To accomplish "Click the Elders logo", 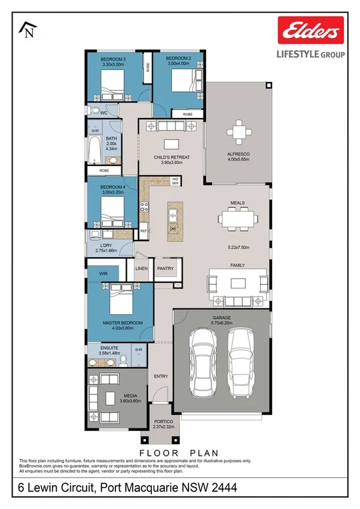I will (x=311, y=31).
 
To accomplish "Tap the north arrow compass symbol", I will (x=28, y=29).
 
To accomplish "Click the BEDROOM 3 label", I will (x=113, y=59).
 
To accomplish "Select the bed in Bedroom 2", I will (x=180, y=82).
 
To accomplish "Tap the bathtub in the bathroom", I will (x=93, y=150).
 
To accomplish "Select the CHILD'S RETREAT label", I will (x=171, y=158).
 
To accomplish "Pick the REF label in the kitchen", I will (x=143, y=231).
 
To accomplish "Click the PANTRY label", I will (x=165, y=268).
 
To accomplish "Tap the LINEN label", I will (x=141, y=268).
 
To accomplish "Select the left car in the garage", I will (x=203, y=362).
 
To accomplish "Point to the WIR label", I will (x=103, y=273).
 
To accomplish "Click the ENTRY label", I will (x=161, y=376).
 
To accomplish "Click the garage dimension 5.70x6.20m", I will (x=221, y=323).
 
